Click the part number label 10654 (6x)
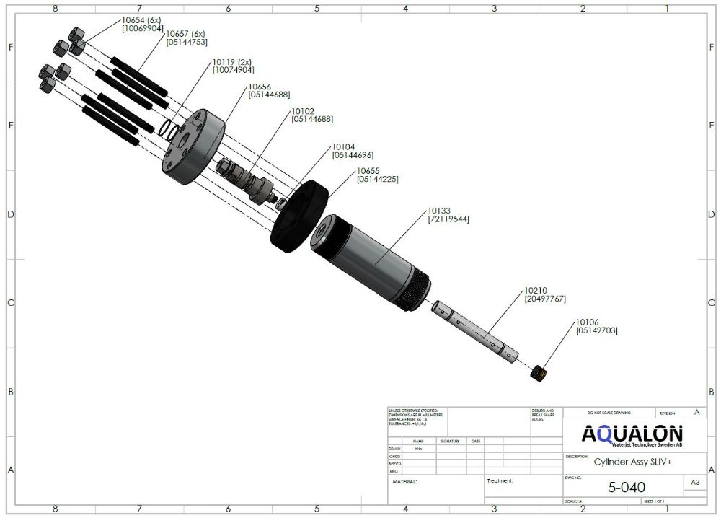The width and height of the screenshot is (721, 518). [x=142, y=20]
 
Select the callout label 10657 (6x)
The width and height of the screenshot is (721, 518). [x=186, y=34]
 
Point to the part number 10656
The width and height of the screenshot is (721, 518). [x=259, y=87]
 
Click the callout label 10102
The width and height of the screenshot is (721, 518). [x=302, y=112]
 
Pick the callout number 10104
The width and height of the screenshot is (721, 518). [x=343, y=146]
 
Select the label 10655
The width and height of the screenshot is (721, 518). [x=368, y=171]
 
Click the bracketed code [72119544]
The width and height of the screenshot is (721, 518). [x=448, y=219]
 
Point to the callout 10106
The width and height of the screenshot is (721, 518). [x=587, y=322]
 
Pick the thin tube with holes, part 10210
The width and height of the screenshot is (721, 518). [x=475, y=332]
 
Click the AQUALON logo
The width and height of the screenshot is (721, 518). [x=632, y=434]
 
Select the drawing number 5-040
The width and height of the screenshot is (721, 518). [x=627, y=488]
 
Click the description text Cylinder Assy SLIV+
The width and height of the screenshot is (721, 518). [x=626, y=464]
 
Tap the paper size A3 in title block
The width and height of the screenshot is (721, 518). [x=695, y=482]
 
